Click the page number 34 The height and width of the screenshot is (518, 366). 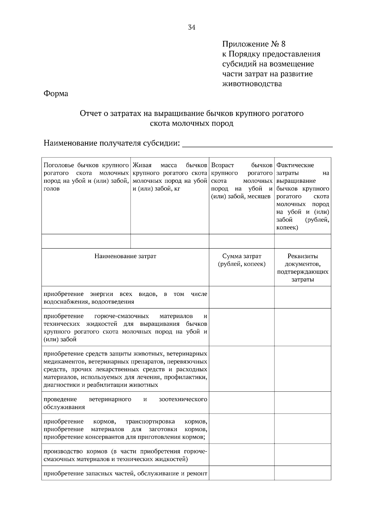pos(192,27)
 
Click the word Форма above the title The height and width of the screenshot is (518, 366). pos(56,93)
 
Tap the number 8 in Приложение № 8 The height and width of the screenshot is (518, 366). pos(283,44)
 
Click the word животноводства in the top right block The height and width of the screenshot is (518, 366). pos(252,84)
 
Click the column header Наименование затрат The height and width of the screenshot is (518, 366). pos(125,256)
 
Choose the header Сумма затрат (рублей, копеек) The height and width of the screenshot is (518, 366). pos(242,260)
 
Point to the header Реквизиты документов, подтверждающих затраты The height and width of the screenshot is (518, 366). pos(303,268)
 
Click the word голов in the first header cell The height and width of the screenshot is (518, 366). pos(52,189)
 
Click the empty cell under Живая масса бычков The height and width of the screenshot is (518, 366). pos(170,241)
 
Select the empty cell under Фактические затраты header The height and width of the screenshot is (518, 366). pos(303,241)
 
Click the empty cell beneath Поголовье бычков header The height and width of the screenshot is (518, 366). pos(86,241)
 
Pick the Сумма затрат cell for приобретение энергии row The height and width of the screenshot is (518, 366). pos(242,297)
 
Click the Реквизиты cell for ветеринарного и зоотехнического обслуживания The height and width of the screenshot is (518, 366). pos(303,403)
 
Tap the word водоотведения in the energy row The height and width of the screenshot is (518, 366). pos(114,302)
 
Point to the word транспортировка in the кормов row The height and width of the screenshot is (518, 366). pos(150,422)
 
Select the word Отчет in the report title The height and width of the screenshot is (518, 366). pos(89,114)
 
